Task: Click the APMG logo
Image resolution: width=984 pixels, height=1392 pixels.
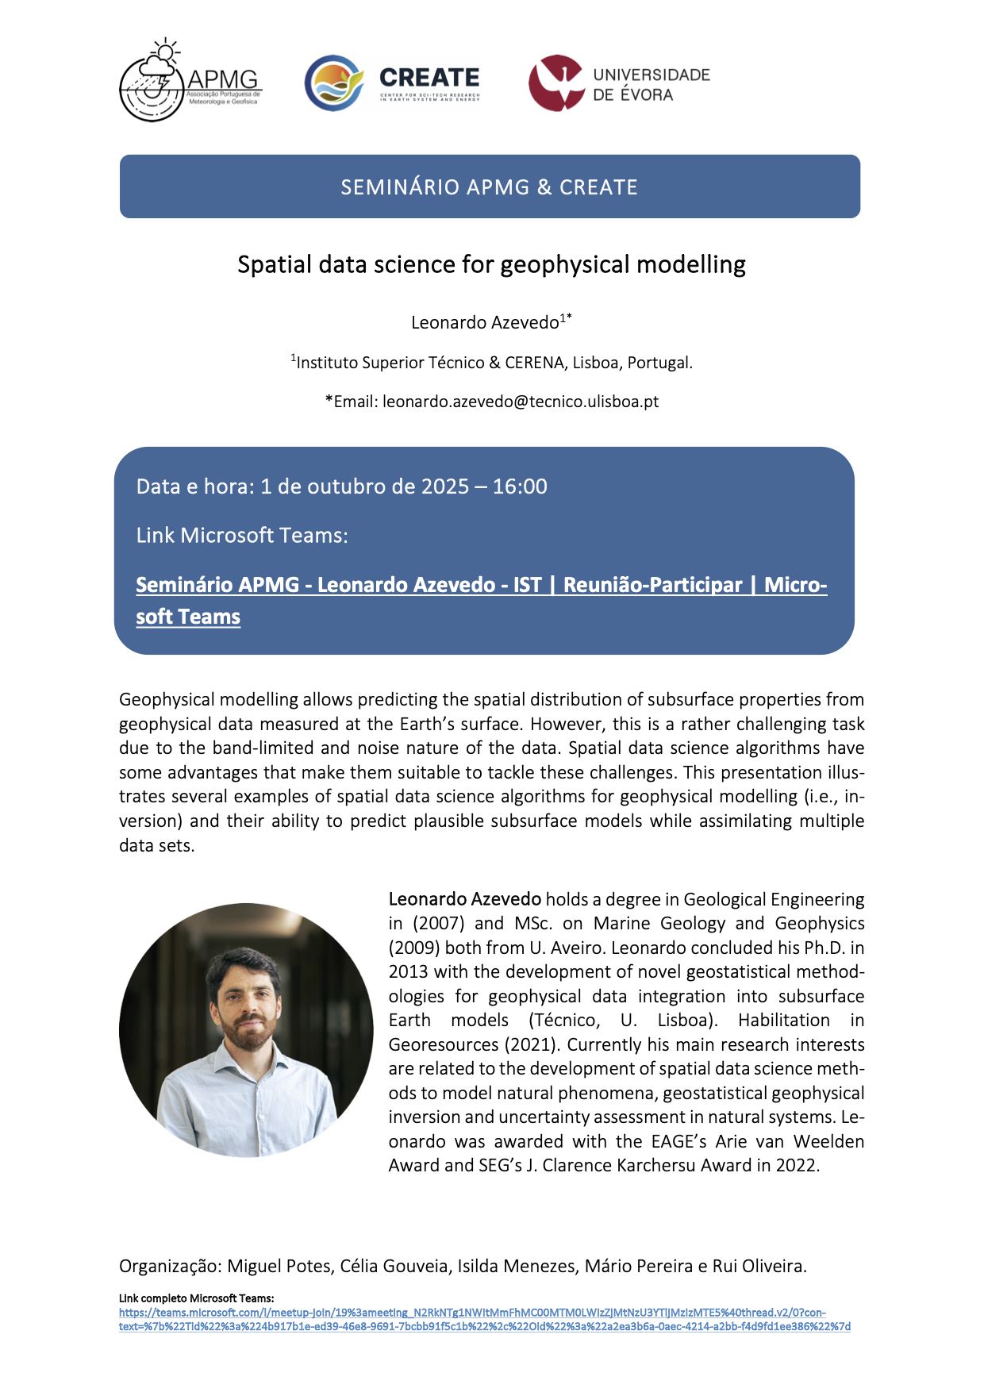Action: [190, 82]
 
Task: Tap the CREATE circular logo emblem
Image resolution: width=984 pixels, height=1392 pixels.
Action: [334, 83]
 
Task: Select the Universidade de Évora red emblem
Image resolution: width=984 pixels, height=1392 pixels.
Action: [556, 83]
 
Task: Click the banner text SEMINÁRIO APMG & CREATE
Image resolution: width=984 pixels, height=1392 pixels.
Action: [490, 187]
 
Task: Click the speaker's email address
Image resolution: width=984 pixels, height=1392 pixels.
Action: [521, 402]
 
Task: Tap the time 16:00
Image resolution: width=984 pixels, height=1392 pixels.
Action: [520, 486]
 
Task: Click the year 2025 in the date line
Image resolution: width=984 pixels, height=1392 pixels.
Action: [445, 486]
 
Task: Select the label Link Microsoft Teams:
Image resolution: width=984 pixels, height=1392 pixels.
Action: [242, 536]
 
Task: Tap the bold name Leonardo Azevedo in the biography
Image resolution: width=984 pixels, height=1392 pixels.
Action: [465, 899]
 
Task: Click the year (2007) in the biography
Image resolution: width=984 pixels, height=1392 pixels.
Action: [437, 924]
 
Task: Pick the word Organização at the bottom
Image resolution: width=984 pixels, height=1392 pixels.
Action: [171, 1267]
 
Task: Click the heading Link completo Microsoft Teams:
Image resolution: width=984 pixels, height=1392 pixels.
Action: [196, 1298]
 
